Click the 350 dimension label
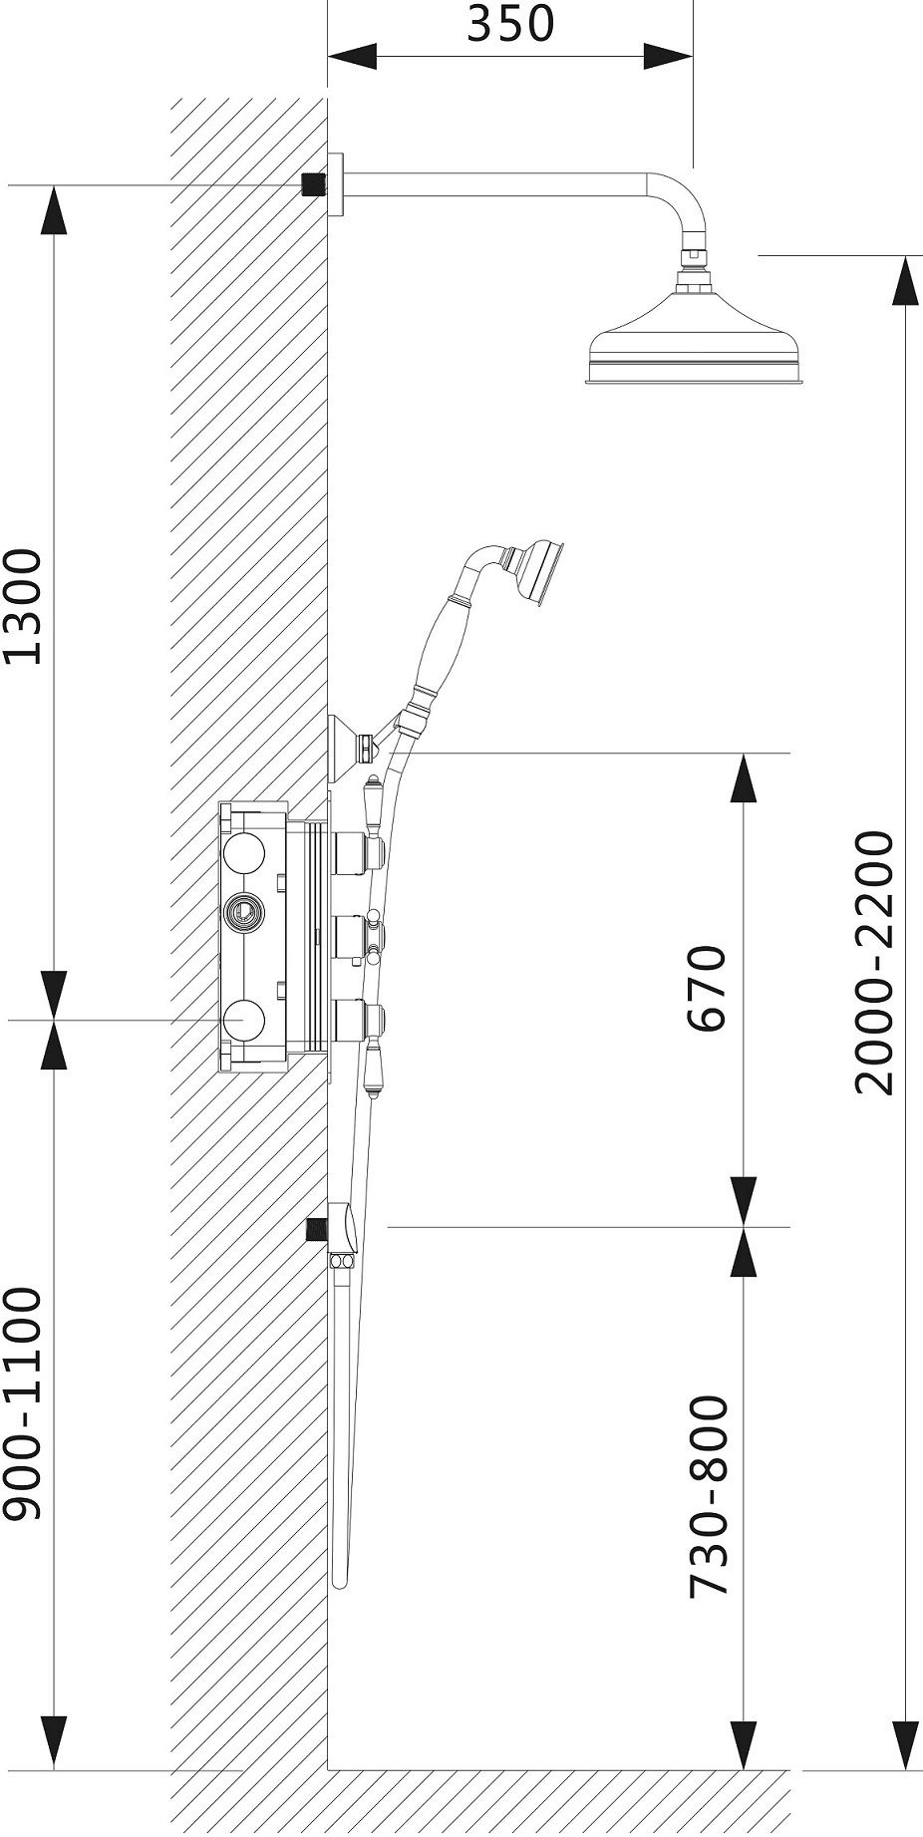tap(509, 24)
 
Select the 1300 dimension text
tap(22, 606)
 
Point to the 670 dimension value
tap(709, 989)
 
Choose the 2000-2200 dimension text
tap(875, 963)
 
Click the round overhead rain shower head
tap(696, 339)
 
